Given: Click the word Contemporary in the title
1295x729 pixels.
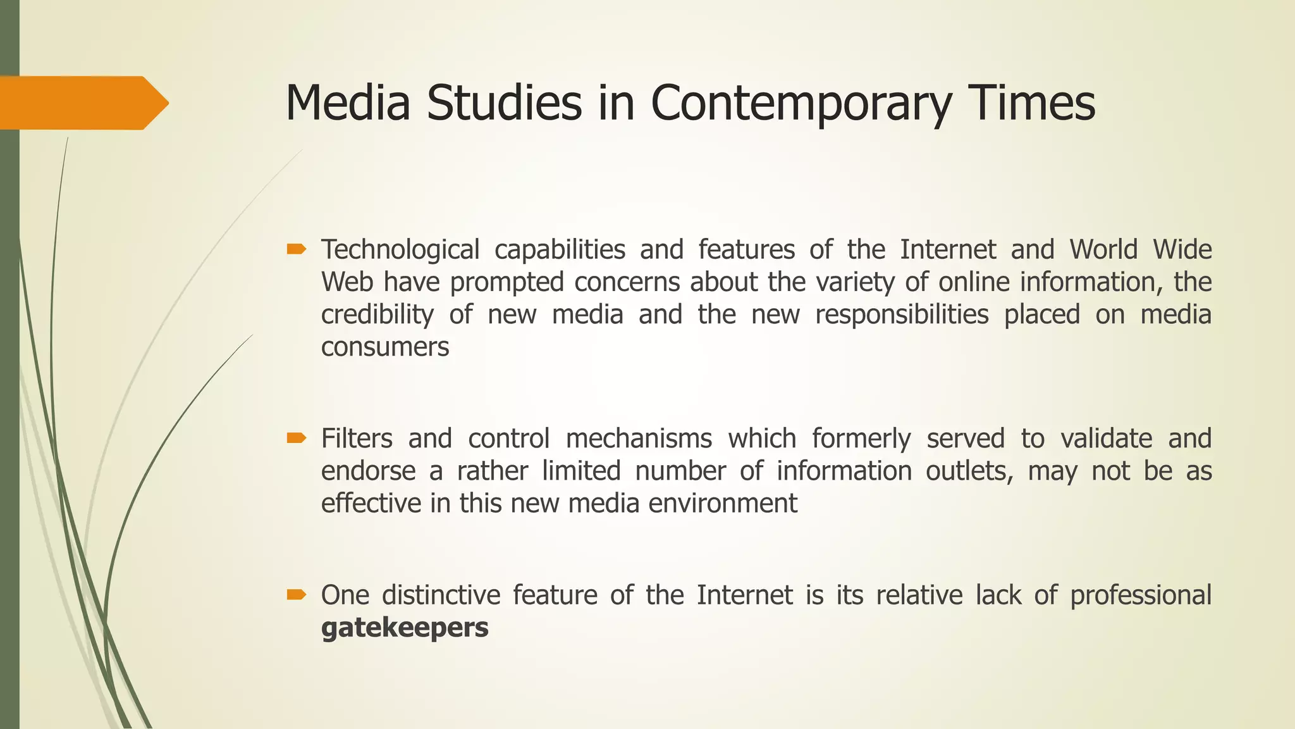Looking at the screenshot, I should click(801, 103).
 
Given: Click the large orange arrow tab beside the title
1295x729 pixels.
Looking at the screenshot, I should click(82, 103).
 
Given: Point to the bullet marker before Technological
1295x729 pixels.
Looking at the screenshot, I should click(296, 250).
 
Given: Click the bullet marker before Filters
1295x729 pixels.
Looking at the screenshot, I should click(296, 438).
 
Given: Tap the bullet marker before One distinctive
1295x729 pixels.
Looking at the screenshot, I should click(296, 595).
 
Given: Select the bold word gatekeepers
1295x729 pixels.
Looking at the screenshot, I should click(405, 628).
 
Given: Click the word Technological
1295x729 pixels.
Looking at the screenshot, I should click(400, 250).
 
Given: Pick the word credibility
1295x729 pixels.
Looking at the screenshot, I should click(377, 315).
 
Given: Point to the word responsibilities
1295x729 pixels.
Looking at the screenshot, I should click(902, 315).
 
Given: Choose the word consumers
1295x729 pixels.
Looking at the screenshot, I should click(385, 347).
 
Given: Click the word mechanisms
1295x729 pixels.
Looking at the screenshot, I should click(639, 439).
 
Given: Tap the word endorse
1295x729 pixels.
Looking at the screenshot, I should click(368, 471).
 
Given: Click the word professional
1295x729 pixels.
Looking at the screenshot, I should click(1141, 595).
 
